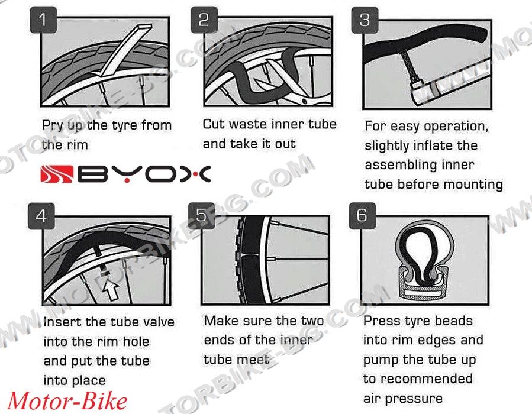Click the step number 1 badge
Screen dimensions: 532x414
(x=43, y=20)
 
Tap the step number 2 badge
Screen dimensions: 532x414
(x=204, y=20)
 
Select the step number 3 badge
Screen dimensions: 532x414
(x=365, y=20)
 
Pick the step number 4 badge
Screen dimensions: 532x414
(x=41, y=216)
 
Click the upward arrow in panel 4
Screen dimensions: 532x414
(x=111, y=289)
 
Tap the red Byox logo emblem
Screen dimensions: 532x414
(x=57, y=174)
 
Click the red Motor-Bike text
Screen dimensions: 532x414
(x=67, y=402)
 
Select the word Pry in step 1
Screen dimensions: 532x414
(x=53, y=126)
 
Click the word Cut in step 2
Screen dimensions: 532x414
(x=214, y=124)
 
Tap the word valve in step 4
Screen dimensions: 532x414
(x=159, y=322)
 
